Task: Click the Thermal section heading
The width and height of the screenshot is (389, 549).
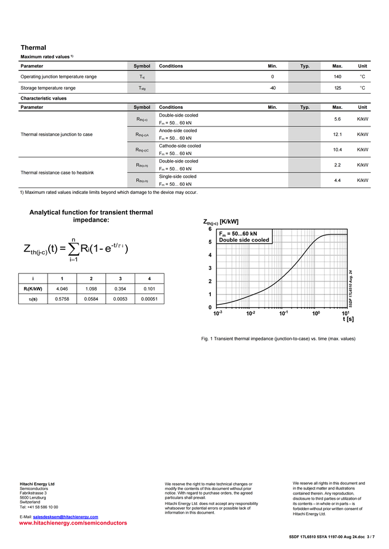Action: click(x=33, y=47)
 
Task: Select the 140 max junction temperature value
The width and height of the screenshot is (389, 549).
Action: click(x=337, y=77)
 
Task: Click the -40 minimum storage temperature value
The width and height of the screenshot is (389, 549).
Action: click(x=273, y=88)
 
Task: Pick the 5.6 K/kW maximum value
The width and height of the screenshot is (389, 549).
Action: click(x=337, y=119)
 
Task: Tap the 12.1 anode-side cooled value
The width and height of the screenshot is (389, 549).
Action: click(x=337, y=134)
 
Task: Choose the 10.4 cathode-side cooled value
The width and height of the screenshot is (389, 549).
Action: click(x=337, y=150)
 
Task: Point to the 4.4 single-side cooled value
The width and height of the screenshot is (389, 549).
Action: click(x=337, y=180)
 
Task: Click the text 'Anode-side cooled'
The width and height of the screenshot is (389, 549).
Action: click(x=178, y=130)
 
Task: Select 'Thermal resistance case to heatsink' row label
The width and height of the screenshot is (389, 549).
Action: click(x=57, y=172)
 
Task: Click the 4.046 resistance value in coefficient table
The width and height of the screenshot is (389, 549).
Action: click(x=62, y=289)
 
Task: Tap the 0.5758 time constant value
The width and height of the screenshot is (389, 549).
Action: click(x=62, y=299)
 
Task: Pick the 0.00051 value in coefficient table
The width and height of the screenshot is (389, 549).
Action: click(x=149, y=299)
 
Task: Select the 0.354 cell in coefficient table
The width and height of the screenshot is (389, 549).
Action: click(x=120, y=289)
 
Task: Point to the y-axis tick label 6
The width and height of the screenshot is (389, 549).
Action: click(x=210, y=229)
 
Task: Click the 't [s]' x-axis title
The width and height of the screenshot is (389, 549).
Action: click(x=348, y=319)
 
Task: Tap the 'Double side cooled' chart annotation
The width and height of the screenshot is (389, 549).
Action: click(x=244, y=240)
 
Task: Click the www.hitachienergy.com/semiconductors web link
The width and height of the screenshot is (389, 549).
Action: click(x=73, y=523)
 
